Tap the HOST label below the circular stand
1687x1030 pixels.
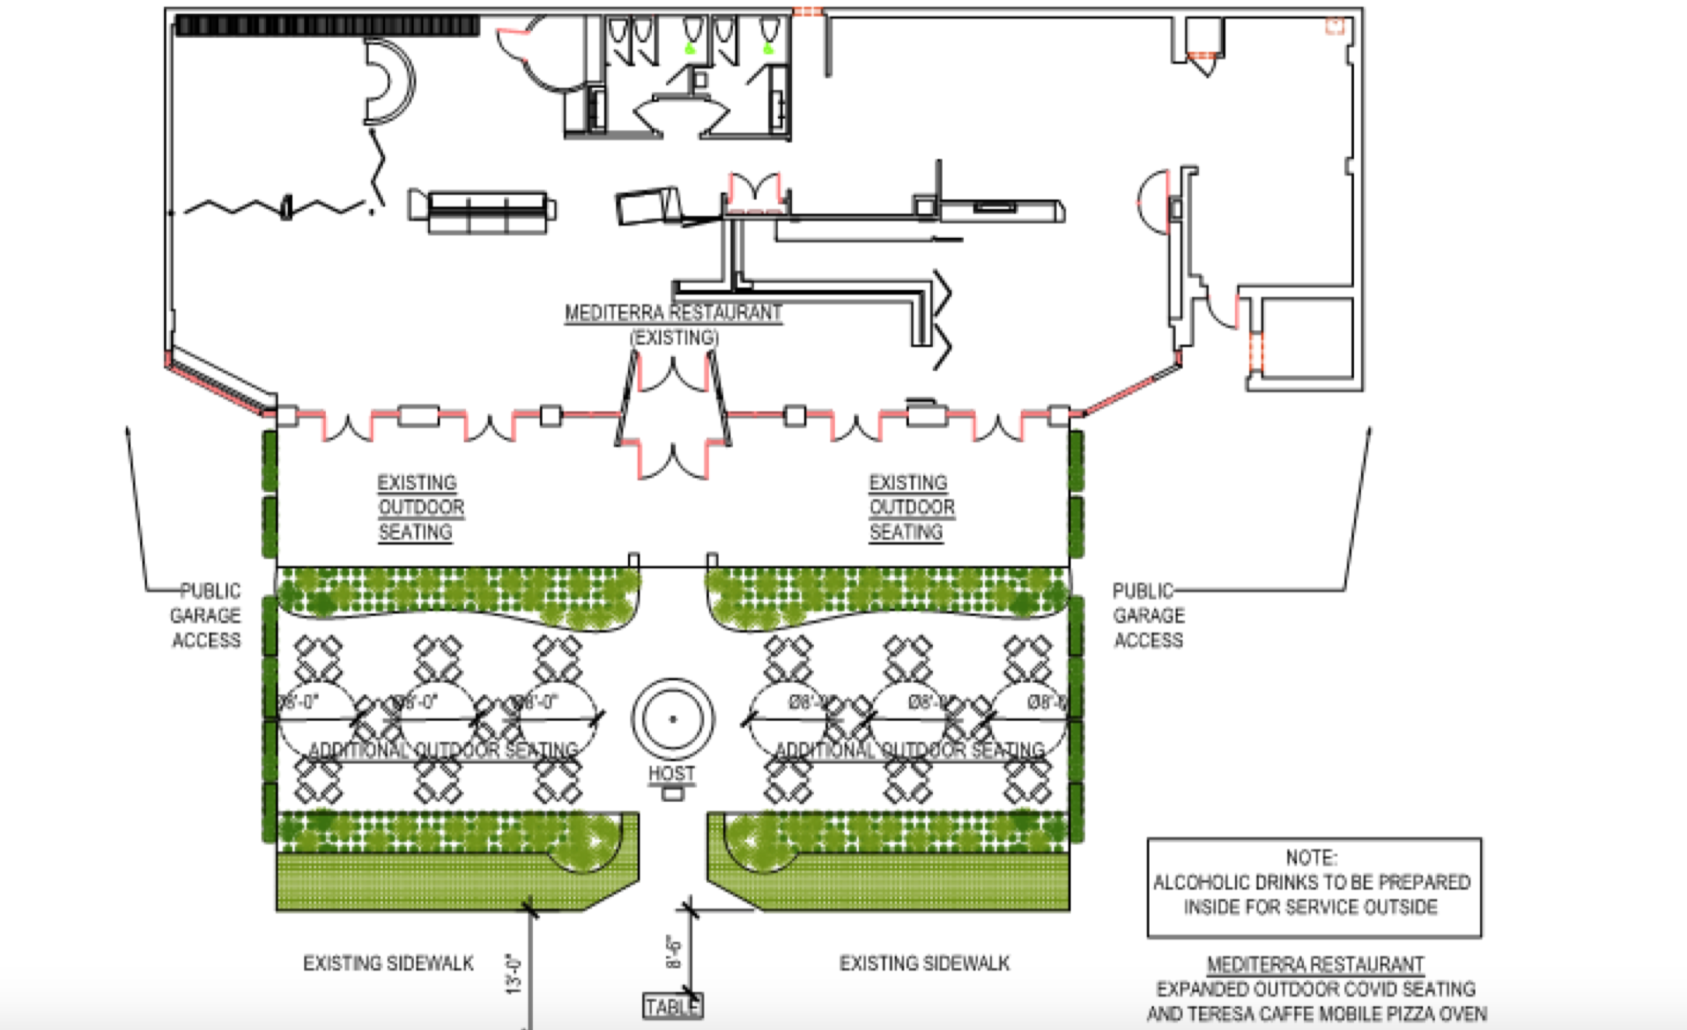tap(672, 773)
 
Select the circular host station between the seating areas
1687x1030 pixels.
tap(672, 719)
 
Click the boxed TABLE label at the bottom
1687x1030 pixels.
tap(672, 1007)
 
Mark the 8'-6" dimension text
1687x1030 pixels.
tap(674, 951)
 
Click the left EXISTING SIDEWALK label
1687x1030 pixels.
tap(388, 964)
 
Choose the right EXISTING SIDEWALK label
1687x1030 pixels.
tap(924, 964)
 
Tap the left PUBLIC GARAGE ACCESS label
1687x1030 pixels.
tap(206, 615)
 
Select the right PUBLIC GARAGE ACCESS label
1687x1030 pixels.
tap(1149, 615)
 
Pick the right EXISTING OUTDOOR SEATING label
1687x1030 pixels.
tap(910, 507)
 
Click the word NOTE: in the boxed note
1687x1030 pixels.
tap(1311, 857)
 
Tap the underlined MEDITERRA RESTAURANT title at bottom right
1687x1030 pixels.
tap(1315, 965)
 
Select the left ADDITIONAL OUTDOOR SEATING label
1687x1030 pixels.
tap(444, 750)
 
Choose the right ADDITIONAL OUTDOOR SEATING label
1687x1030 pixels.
tap(910, 750)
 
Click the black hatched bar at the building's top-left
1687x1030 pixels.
tap(327, 26)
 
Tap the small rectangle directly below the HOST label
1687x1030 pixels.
tap(672, 794)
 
